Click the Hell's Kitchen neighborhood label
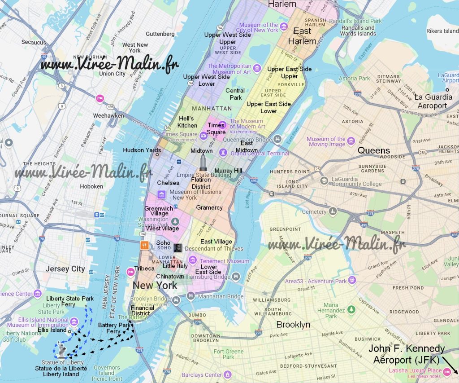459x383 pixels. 188,122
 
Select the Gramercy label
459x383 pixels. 209,207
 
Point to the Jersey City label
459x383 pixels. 65,269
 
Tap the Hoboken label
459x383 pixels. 91,186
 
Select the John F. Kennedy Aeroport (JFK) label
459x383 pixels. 407,354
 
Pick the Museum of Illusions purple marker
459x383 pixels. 161,195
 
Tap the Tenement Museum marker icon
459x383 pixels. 192,260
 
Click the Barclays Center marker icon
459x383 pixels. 227,374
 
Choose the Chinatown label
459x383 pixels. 170,277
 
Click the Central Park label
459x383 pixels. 235,94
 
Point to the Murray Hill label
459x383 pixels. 228,171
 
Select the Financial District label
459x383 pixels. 143,310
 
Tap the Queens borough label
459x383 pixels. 373,150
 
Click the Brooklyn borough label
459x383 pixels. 293,325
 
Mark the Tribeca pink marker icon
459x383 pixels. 130,269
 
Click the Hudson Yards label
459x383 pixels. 142,150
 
